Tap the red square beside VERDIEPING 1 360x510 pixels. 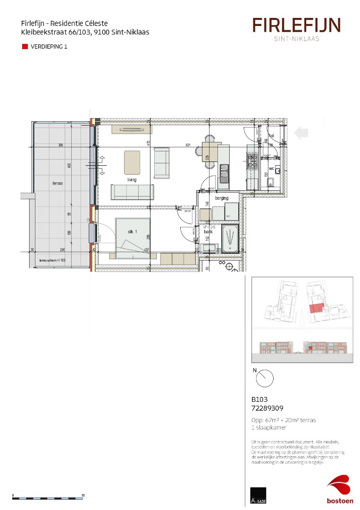(x=25, y=47)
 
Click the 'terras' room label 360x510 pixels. (x=58, y=183)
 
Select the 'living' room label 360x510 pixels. (x=131, y=180)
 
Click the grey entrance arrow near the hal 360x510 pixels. (x=301, y=133)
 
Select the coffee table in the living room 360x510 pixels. (x=132, y=162)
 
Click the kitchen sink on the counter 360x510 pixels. (x=224, y=170)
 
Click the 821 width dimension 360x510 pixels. (x=188, y=146)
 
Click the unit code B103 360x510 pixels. (x=259, y=399)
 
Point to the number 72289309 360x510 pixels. (x=267, y=408)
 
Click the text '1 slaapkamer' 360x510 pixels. (x=269, y=427)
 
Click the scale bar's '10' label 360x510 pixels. (x=83, y=495)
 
